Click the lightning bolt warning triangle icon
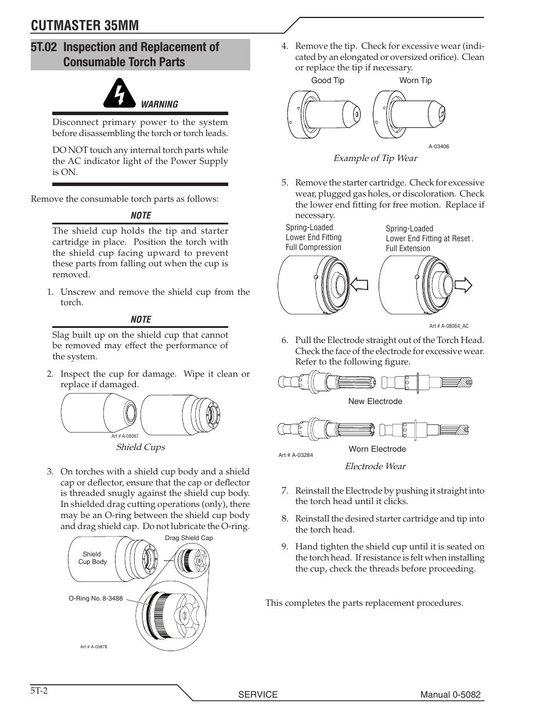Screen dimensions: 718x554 click(x=120, y=95)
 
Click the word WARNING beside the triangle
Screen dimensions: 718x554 click(x=160, y=105)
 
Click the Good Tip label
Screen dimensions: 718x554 click(x=328, y=81)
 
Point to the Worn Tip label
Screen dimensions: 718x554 click(x=415, y=81)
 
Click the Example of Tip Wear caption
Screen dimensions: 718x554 click(x=375, y=158)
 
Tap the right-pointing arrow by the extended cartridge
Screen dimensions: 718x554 click(x=465, y=285)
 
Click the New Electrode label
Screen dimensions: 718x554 click(x=375, y=401)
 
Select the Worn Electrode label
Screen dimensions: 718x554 click(x=377, y=449)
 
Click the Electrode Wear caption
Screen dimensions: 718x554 click(x=375, y=466)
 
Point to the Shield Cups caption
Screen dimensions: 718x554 click(x=140, y=447)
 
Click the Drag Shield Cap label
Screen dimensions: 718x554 click(x=189, y=538)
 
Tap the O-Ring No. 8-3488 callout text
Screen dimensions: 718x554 click(x=95, y=598)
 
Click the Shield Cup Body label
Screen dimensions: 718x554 click(x=92, y=558)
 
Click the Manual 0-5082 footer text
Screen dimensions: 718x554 click(x=451, y=695)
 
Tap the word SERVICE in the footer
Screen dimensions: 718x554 click(x=258, y=695)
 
